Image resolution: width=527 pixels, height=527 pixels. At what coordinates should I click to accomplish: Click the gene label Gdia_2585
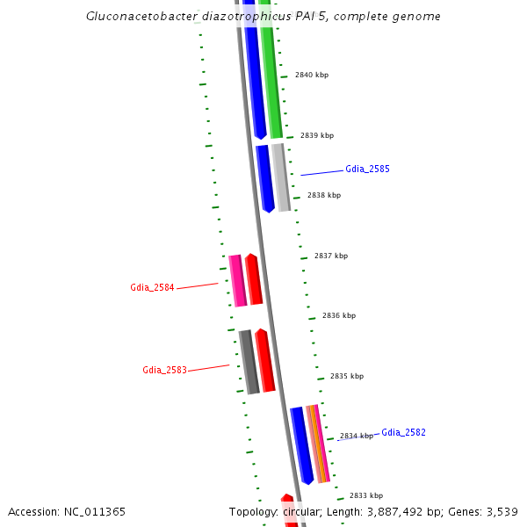(367, 168)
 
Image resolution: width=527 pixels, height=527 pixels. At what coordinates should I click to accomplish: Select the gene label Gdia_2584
(152, 287)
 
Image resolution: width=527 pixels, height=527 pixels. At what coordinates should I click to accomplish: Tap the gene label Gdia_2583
(164, 370)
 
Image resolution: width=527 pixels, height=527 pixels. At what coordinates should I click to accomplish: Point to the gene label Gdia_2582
(403, 432)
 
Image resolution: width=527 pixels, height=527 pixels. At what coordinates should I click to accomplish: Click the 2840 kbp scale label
(312, 76)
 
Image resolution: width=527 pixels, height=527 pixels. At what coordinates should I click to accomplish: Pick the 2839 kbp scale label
(317, 136)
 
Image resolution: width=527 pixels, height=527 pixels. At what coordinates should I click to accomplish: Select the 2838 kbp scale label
(324, 195)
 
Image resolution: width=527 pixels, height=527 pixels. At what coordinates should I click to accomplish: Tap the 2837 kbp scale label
(331, 256)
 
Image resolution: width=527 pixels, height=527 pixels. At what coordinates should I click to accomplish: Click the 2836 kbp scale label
(339, 315)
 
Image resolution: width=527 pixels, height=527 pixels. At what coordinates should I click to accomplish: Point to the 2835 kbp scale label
(347, 376)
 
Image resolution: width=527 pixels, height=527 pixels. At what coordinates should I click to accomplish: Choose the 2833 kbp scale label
(366, 495)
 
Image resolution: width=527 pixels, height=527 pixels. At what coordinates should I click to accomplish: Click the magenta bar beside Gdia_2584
(237, 280)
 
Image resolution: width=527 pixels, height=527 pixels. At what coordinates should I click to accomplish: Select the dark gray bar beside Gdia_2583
(249, 361)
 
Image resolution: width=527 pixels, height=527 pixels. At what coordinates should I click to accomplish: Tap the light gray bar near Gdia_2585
(281, 177)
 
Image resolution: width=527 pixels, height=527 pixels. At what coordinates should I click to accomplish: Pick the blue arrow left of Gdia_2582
(302, 444)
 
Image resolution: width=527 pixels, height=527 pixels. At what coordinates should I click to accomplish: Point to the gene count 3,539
(502, 511)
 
